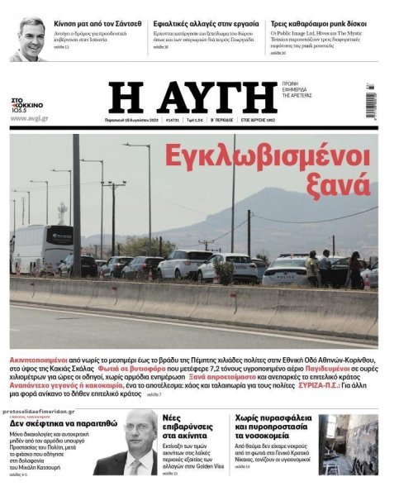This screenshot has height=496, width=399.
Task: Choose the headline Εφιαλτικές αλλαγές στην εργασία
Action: coord(204,25)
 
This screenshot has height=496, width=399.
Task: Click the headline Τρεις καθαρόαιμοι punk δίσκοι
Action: coord(318,25)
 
